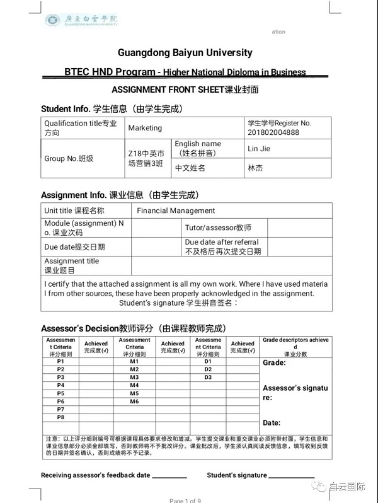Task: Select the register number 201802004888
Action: tap(273, 132)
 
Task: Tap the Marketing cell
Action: tap(145, 128)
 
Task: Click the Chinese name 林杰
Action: tap(255, 168)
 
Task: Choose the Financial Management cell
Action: tap(176, 211)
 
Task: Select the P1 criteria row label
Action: tap(60, 361)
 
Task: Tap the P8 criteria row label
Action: tap(60, 417)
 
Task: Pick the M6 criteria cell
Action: tap(134, 402)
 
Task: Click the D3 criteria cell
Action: tap(208, 377)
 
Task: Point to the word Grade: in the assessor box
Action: tap(274, 363)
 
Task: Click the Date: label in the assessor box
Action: tap(272, 422)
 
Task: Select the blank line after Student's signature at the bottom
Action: tap(292, 477)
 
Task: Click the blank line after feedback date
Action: tap(169, 477)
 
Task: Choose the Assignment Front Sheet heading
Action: tap(185, 90)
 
